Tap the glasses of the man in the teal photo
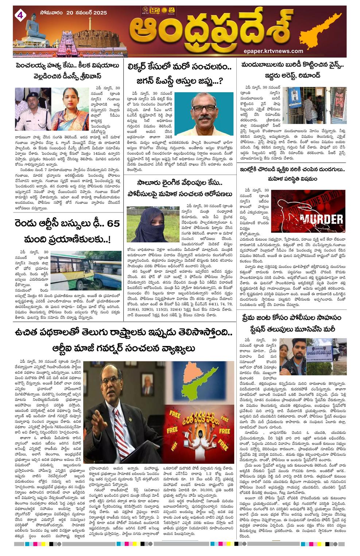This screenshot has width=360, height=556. (203, 108)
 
